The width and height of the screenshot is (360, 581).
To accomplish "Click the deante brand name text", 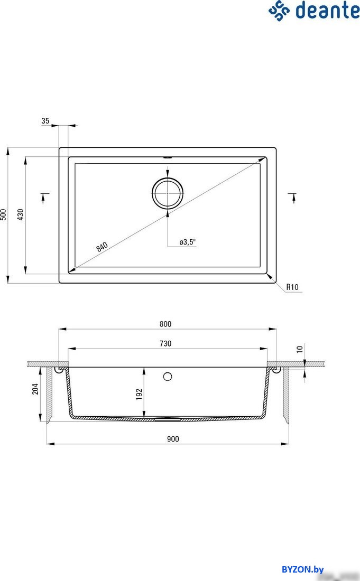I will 327,11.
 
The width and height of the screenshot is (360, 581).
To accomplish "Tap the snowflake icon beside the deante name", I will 279,11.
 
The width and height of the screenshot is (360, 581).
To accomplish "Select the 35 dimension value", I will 45,121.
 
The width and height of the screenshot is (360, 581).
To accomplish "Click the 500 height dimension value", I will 4,214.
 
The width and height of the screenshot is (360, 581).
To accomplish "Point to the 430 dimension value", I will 21,214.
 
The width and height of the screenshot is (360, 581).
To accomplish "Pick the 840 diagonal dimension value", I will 102,246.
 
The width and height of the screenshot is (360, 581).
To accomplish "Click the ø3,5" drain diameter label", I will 188,242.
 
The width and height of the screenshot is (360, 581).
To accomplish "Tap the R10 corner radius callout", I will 292,287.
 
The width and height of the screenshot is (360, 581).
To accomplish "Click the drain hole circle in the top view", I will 168,193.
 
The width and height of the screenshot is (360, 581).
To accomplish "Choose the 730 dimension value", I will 165,343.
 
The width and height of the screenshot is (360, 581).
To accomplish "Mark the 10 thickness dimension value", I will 300,349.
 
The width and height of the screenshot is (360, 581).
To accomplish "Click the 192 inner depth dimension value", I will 140,395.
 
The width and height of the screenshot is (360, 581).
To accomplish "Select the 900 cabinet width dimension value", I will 173,439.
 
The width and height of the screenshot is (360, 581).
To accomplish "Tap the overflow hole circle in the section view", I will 168,376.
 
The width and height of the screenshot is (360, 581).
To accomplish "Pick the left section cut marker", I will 43,198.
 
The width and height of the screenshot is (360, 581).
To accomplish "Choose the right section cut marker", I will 292,198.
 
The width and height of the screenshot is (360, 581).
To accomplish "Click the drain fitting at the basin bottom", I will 167,418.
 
